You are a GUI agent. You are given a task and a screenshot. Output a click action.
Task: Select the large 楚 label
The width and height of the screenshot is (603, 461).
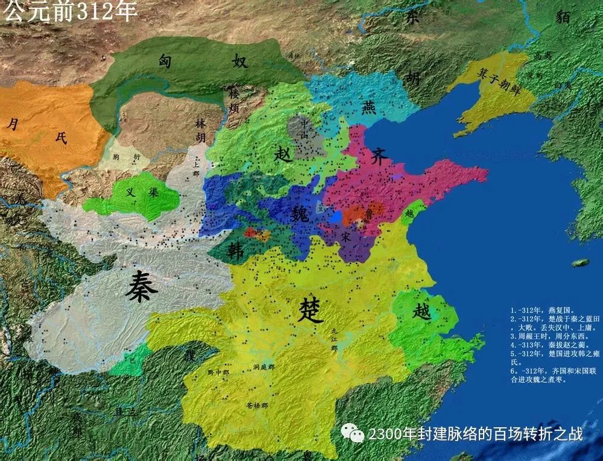click(x=312, y=310)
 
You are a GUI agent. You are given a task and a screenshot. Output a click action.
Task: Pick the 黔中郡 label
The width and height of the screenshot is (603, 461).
click(x=219, y=372)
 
